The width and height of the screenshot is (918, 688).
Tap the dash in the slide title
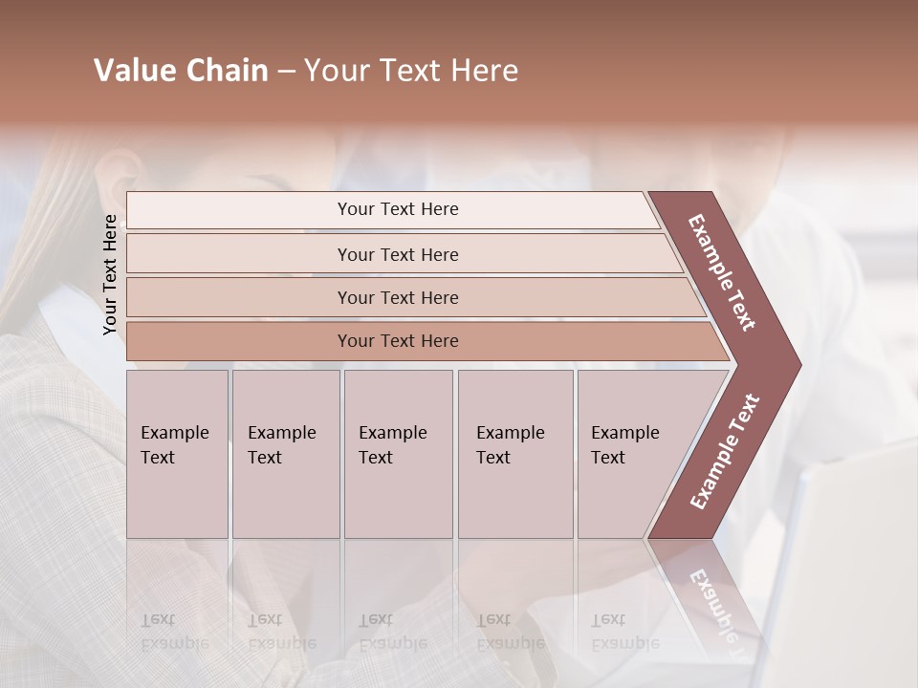point(286,72)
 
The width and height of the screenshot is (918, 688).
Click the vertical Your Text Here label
point(110,274)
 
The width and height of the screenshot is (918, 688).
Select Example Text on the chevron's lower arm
point(725,452)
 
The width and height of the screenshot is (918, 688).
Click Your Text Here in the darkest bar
point(398,341)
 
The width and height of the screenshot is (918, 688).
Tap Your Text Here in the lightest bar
point(398,209)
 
